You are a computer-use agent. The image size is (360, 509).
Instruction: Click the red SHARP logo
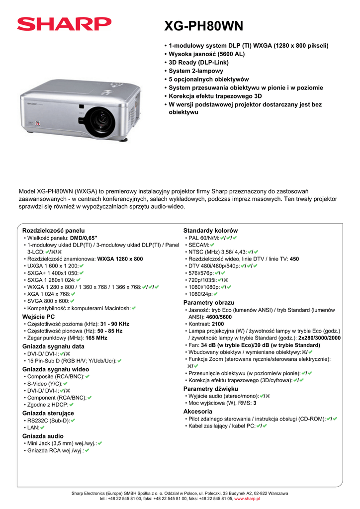tap(64, 23)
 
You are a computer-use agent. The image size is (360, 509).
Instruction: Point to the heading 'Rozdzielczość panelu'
tap(54, 231)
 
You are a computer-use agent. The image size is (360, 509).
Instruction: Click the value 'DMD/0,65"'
tap(84, 238)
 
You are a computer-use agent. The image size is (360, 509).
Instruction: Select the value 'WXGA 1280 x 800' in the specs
tap(120, 259)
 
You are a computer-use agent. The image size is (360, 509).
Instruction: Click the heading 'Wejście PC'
tap(39, 317)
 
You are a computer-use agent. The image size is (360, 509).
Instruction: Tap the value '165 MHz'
tap(96, 338)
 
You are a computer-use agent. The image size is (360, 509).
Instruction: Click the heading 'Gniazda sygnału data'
tap(54, 346)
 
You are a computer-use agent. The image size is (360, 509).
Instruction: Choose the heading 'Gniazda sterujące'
tap(48, 413)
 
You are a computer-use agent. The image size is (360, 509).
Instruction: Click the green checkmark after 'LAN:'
tap(42, 427)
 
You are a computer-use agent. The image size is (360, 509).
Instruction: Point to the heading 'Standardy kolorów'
tap(211, 231)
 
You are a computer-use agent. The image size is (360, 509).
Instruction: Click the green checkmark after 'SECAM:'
tap(212, 245)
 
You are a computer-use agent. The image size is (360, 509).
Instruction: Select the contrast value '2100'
tap(218, 324)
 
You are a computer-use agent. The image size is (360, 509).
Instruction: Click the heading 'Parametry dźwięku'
tap(211, 388)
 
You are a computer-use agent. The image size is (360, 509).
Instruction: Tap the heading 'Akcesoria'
tap(198, 412)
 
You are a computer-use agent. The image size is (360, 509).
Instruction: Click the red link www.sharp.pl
tap(247, 498)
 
